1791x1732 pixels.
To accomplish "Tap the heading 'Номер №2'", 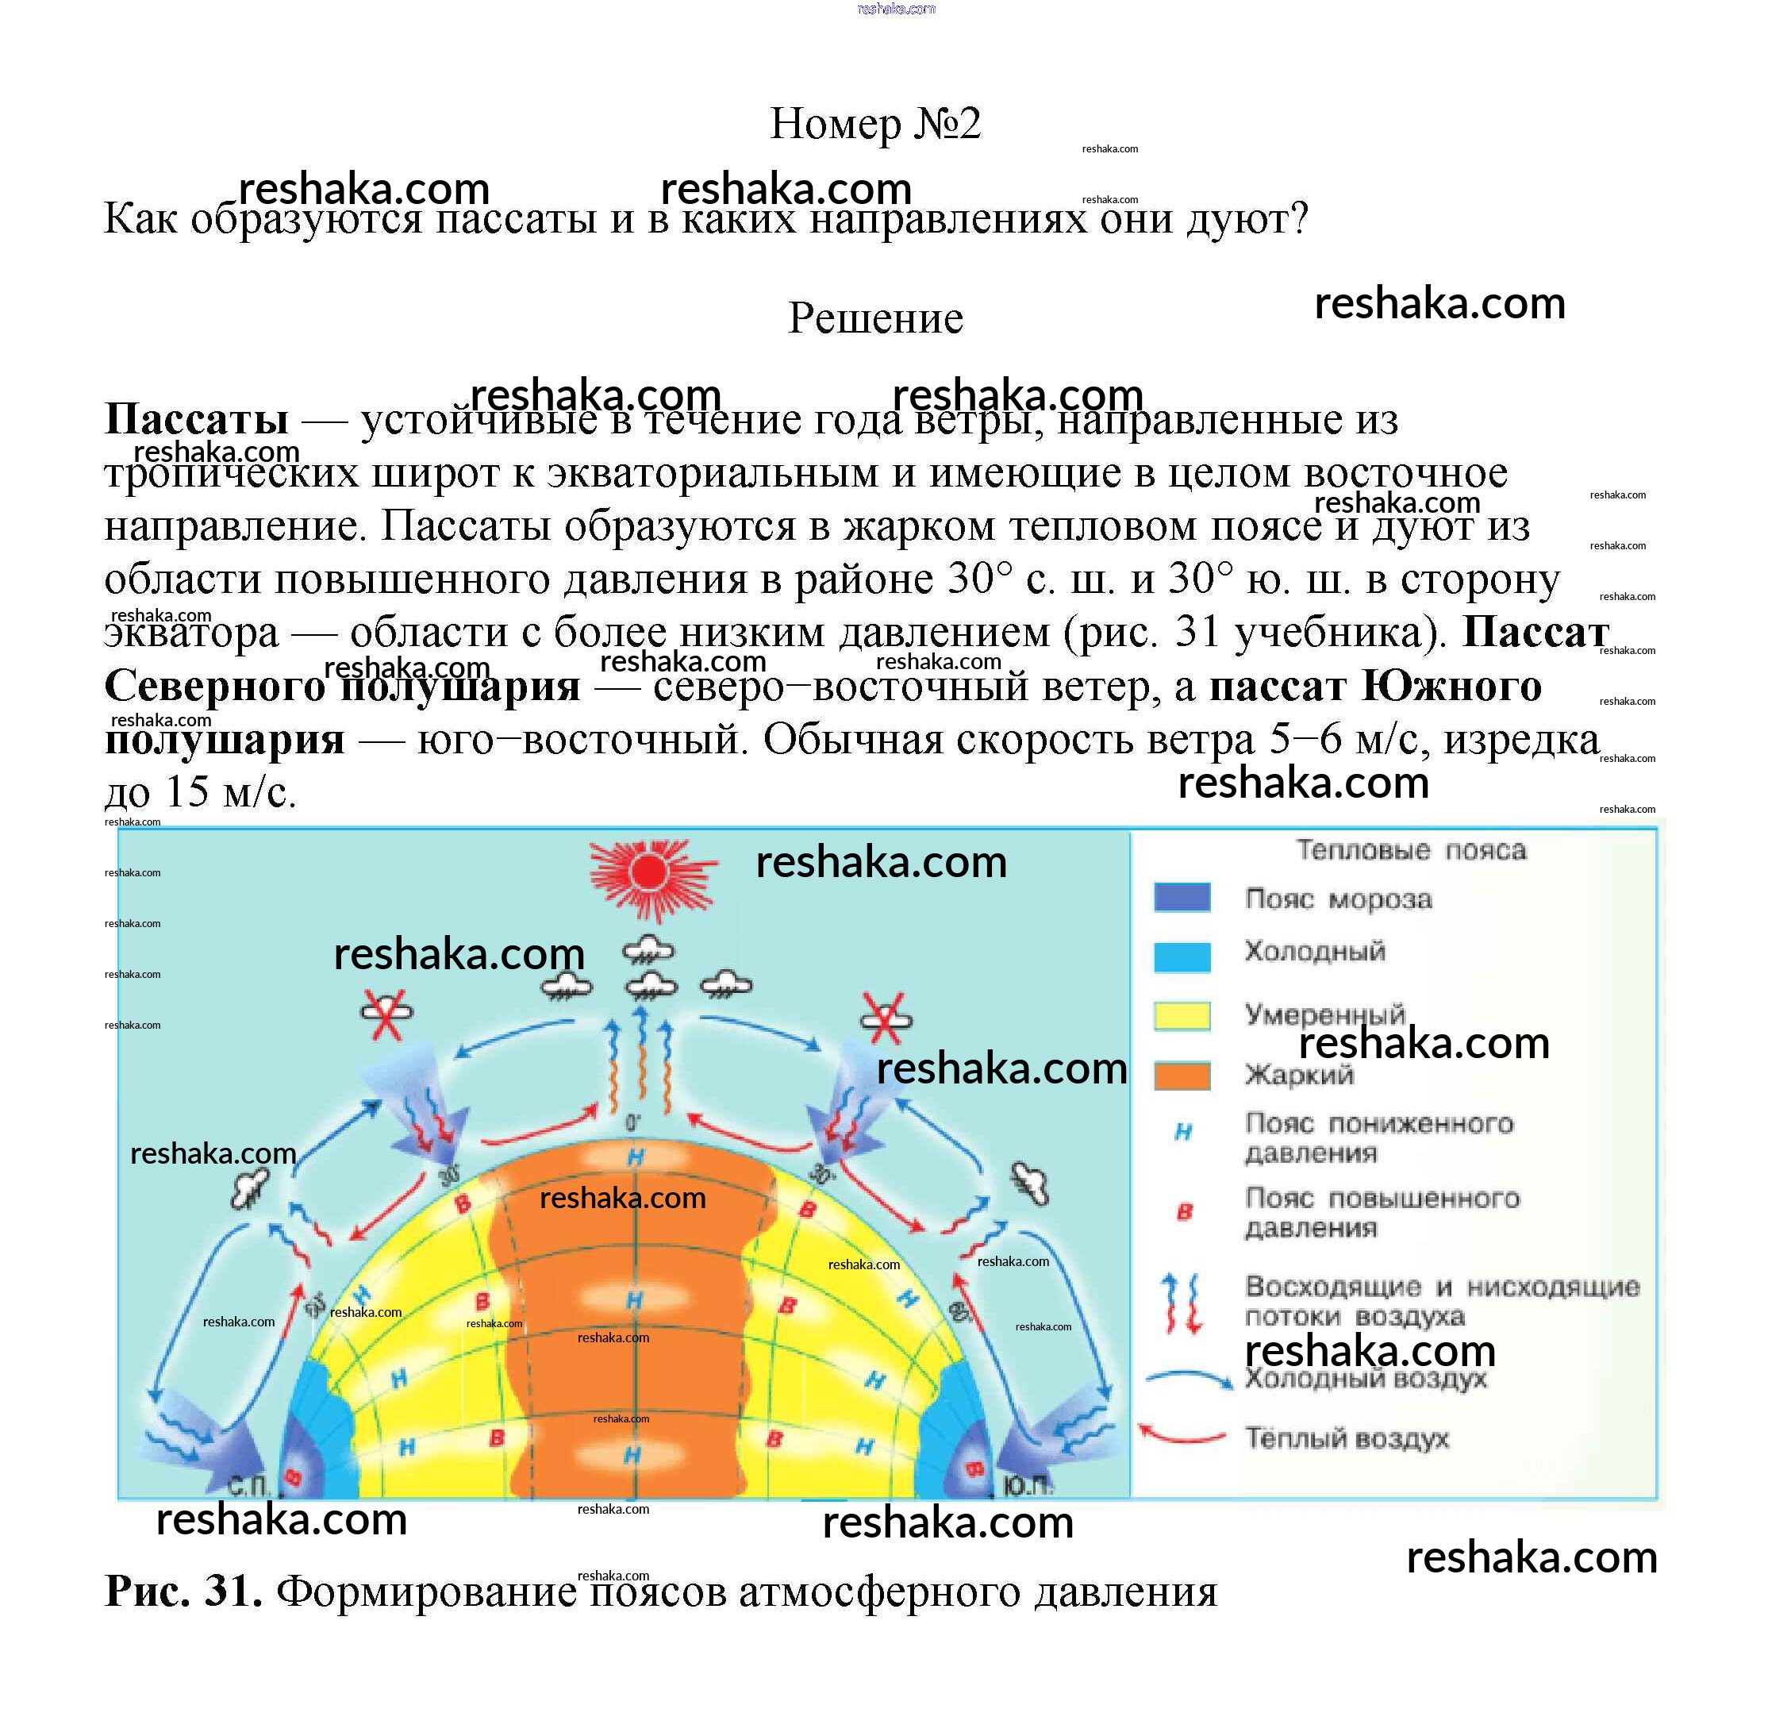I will click(874, 123).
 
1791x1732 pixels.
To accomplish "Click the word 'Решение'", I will click(874, 318).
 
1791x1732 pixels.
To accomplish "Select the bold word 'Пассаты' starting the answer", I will click(197, 420).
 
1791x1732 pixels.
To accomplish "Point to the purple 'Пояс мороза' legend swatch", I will click(1182, 898).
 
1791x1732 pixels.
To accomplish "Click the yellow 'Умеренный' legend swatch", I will click(1182, 1016).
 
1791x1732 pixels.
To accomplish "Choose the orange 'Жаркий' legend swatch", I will click(1182, 1076).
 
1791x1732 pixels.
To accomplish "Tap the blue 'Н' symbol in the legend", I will click(1182, 1133).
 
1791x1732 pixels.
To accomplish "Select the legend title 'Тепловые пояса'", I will click(1411, 851).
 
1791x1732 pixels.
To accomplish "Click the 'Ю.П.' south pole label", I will click(1027, 1487).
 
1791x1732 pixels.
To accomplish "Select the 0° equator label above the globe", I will click(633, 1123).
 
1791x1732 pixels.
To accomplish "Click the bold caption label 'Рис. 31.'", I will click(183, 1592).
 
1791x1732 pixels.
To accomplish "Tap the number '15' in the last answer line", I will click(187, 791).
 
